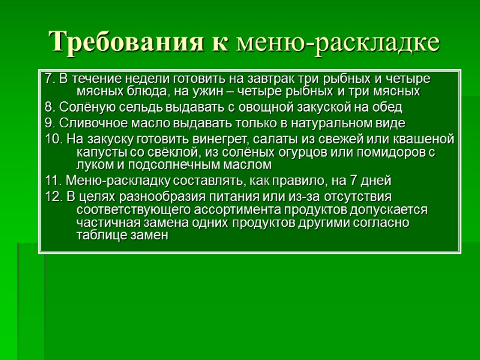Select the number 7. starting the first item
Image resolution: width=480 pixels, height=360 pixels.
pyautogui.click(x=50, y=80)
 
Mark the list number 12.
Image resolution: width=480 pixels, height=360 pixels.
pyautogui.click(x=53, y=197)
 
